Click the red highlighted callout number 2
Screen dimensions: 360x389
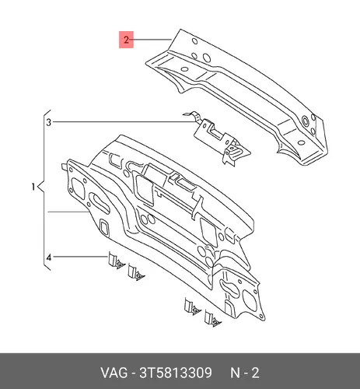pos(126,40)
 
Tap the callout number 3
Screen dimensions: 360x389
pos(49,122)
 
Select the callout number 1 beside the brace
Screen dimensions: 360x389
pos(33,187)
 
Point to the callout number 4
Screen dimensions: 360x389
pos(49,258)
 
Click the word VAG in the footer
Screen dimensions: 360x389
pos(114,373)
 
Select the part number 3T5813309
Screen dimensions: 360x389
pos(176,373)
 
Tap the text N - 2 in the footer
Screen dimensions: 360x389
pos(245,373)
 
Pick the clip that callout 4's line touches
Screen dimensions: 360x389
pos(116,261)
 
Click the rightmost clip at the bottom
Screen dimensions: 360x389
pos(212,318)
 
